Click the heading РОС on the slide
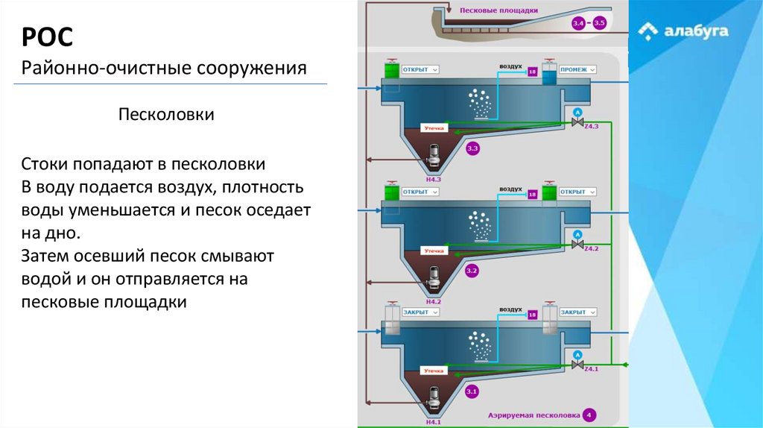pos(46,37)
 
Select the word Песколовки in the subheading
pos(167,116)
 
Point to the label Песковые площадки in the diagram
pos(498,10)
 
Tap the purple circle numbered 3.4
pos(578,24)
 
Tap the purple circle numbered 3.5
pos(600,24)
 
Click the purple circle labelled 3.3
pos(472,149)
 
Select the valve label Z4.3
pos(591,127)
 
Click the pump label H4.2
pos(433,301)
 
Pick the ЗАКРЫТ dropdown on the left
pos(420,312)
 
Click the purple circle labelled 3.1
pos(472,391)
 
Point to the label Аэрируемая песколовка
pos(522,415)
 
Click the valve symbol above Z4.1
pos(576,365)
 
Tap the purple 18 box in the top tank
pos(532,72)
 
